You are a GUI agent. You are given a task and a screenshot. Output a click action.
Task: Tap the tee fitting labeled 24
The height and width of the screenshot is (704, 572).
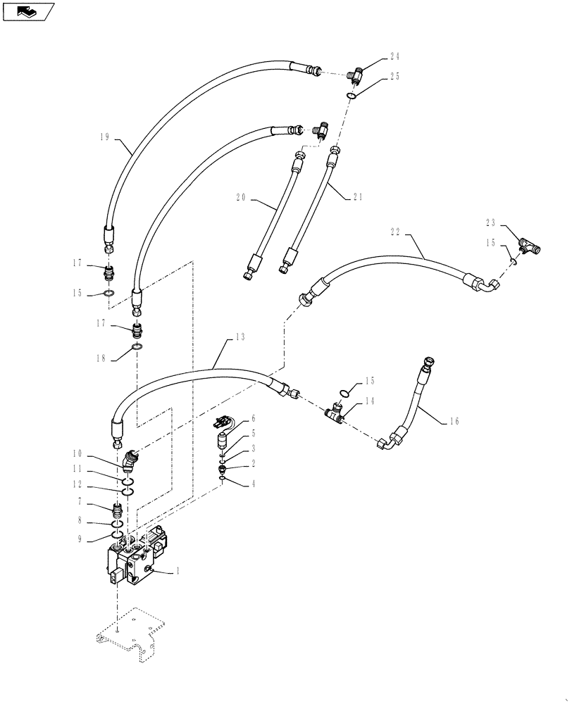point(358,73)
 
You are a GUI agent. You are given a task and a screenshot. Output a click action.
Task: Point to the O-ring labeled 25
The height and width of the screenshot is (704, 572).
point(352,94)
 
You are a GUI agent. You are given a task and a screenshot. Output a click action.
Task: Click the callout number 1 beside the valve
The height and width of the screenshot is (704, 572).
point(177,572)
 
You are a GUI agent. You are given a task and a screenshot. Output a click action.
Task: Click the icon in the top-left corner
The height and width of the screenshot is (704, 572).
point(28,11)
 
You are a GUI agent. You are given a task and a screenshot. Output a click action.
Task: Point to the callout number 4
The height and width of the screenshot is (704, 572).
point(253,484)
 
